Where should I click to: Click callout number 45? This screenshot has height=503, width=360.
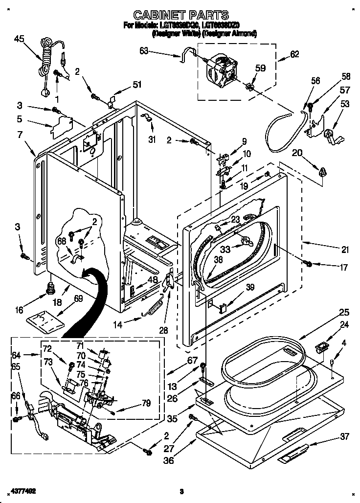pyautogui.click(x=19, y=39)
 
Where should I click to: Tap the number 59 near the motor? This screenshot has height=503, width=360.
pyautogui.click(x=260, y=69)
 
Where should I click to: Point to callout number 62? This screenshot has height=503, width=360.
pyautogui.click(x=294, y=54)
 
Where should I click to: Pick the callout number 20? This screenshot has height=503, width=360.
pyautogui.click(x=297, y=153)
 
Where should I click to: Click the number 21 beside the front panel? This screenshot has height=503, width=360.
pyautogui.click(x=345, y=250)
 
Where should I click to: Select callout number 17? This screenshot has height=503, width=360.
pyautogui.click(x=344, y=268)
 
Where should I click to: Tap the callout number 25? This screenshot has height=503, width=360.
pyautogui.click(x=344, y=312)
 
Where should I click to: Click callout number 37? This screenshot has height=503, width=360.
pyautogui.click(x=345, y=436)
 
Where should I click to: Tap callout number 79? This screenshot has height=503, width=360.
pyautogui.click(x=146, y=403)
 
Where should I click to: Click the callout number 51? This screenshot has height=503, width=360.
pyautogui.click(x=137, y=85)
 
